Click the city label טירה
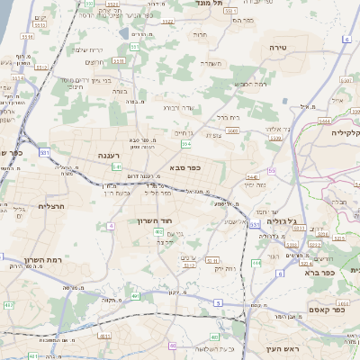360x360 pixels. pos(277,45)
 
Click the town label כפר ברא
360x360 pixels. pos(319,271)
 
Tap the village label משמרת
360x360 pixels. pos(211,63)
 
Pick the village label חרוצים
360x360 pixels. pos(95,62)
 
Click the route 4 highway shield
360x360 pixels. pos(111,225)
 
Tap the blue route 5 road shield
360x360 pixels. pos(219,303)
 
